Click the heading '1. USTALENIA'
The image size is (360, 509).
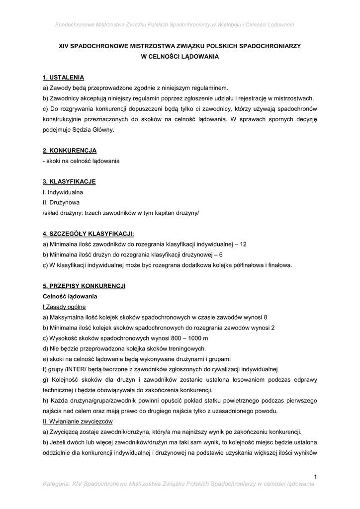point(64,78)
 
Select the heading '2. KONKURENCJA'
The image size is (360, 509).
point(70,150)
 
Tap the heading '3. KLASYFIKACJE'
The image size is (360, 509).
point(69,181)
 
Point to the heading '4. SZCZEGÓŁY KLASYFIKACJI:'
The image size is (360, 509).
point(89,234)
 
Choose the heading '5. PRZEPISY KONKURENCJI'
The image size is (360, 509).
point(84,286)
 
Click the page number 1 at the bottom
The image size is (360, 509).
point(315,477)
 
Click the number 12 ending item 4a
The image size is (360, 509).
point(243,244)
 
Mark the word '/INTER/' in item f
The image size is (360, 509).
point(74,369)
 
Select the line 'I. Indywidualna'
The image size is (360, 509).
point(63,192)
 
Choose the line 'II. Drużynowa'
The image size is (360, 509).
point(61,202)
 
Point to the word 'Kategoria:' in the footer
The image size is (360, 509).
point(56,484)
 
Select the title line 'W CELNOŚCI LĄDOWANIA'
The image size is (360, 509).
point(180,56)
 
